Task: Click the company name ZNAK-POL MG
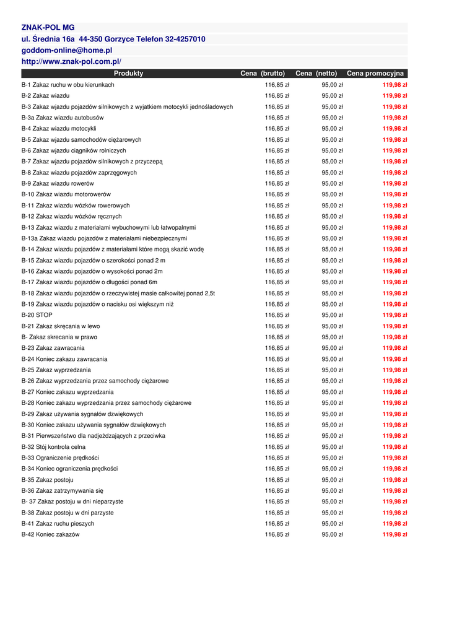(48, 28)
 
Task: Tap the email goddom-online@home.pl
(67, 50)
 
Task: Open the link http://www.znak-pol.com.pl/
(71, 61)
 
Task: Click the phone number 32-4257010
(185, 39)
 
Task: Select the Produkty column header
(128, 74)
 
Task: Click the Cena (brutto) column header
(263, 74)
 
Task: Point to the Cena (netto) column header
(316, 74)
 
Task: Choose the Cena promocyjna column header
(375, 74)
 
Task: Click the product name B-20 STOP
(37, 315)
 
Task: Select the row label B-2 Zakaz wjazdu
(46, 96)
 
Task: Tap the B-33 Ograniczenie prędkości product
(60, 458)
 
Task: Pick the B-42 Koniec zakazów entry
(51, 534)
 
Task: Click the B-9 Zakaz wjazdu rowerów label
(58, 183)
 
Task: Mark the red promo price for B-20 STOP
(395, 315)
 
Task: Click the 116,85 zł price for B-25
(277, 370)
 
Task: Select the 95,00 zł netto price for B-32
(332, 447)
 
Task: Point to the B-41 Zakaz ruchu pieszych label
(58, 524)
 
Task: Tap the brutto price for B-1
(277, 85)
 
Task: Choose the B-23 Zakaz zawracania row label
(53, 348)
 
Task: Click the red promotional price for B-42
(395, 534)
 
